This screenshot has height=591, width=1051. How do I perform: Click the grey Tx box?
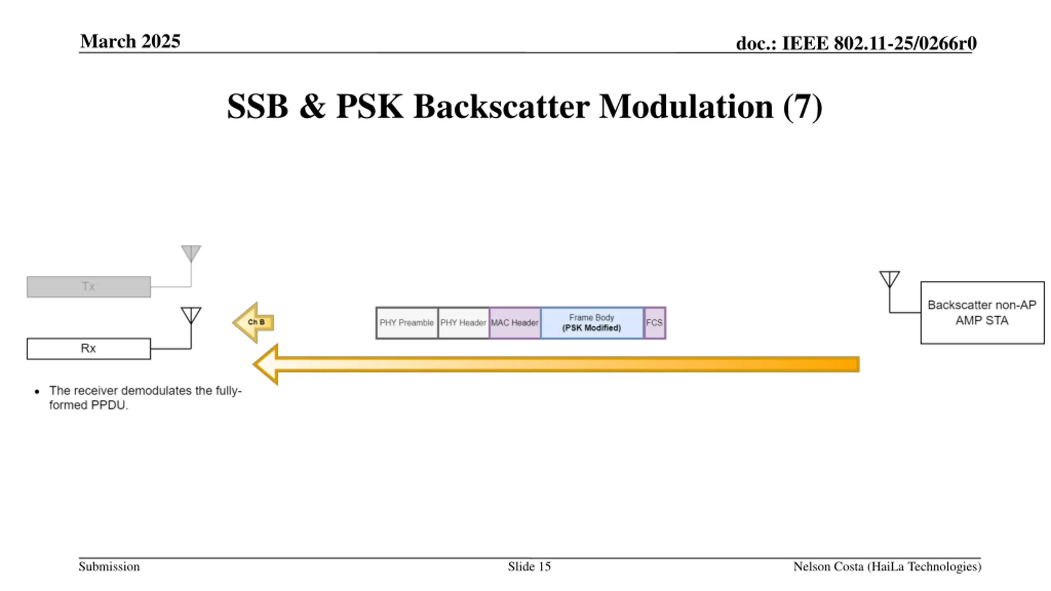pyautogui.click(x=89, y=286)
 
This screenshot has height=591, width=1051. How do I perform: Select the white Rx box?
pyautogui.click(x=89, y=348)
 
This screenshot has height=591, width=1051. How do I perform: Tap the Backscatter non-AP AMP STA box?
pyautogui.click(x=982, y=313)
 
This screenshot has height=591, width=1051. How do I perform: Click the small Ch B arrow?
pyautogui.click(x=254, y=323)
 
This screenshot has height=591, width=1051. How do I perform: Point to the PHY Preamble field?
pyautogui.click(x=407, y=323)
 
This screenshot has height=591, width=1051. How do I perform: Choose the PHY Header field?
pyautogui.click(x=464, y=323)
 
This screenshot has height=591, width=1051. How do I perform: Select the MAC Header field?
pyautogui.click(x=515, y=323)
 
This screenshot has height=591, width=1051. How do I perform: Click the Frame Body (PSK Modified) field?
pyautogui.click(x=592, y=323)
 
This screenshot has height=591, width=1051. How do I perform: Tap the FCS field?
pyautogui.click(x=654, y=323)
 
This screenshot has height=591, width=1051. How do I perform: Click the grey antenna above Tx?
pyautogui.click(x=191, y=253)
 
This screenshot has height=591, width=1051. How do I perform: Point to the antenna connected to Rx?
pyautogui.click(x=191, y=315)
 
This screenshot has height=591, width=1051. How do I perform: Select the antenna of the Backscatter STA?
pyautogui.click(x=889, y=279)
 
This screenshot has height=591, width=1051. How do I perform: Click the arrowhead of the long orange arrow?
pyautogui.click(x=267, y=364)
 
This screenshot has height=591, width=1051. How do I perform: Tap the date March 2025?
pyautogui.click(x=130, y=41)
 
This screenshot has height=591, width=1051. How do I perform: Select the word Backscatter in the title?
pyautogui.click(x=502, y=107)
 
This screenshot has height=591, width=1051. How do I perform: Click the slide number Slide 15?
pyautogui.click(x=529, y=567)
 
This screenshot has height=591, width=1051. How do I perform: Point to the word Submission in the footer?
pyautogui.click(x=109, y=567)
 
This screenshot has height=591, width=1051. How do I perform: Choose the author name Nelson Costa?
pyautogui.click(x=828, y=567)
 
